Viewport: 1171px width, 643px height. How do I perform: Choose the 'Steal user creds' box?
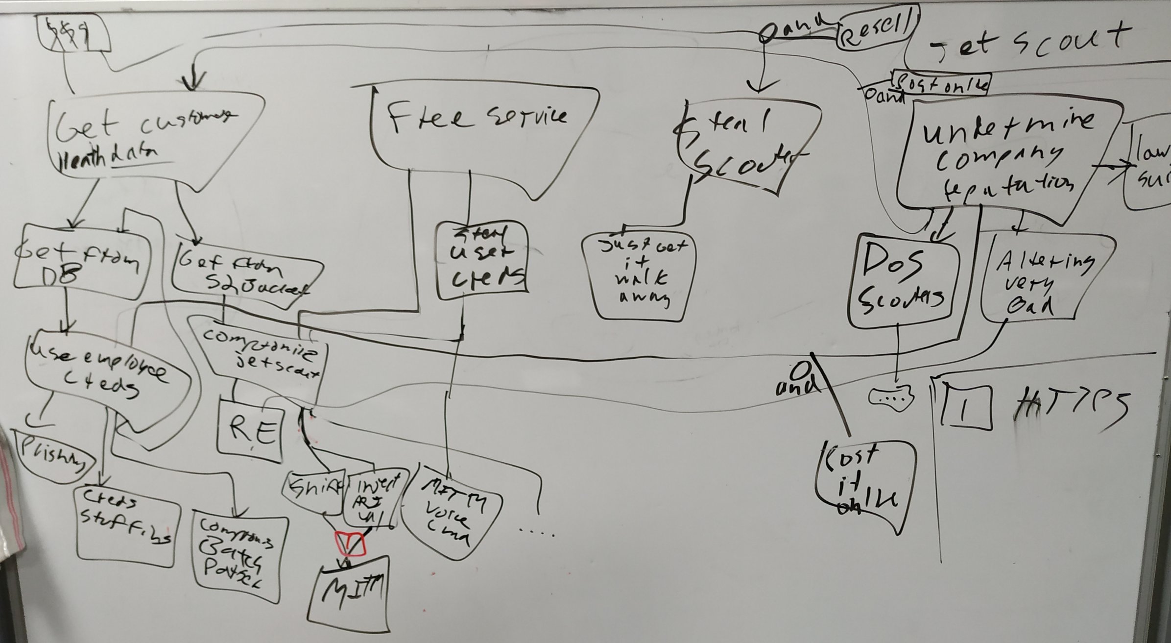click(482, 260)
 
